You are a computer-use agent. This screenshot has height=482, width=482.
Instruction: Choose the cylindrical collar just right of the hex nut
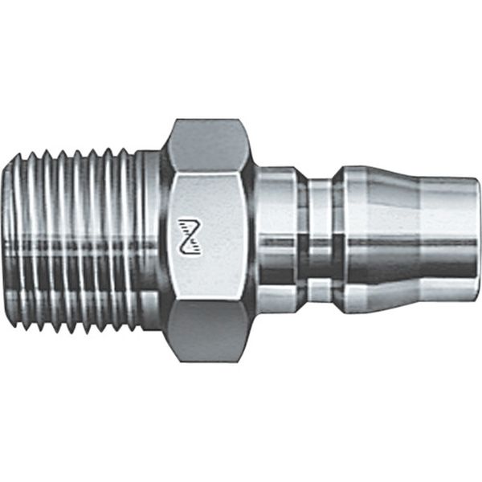(277, 241)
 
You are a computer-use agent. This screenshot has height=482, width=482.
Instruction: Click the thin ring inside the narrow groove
(321, 241)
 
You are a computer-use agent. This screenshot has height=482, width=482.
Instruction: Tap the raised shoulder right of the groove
(343, 241)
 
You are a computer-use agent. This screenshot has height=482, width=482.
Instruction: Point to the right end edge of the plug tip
(478, 241)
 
